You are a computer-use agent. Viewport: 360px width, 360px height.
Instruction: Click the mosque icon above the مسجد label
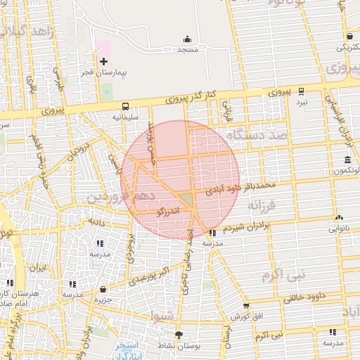click(187, 39)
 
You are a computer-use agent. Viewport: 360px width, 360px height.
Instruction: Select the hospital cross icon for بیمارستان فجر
click(103, 62)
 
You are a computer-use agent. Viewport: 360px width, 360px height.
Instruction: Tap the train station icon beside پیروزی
click(302, 91)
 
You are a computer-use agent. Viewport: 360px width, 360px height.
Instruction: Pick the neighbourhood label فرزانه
click(264, 205)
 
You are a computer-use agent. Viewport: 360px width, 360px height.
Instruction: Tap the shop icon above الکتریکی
click(349, 37)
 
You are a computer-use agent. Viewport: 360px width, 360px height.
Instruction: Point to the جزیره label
click(105, 300)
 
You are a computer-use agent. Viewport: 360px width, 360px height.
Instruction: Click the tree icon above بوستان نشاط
click(179, 335)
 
